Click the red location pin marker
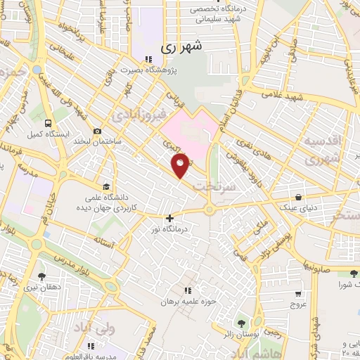click(x=181, y=165)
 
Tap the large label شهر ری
click(x=181, y=48)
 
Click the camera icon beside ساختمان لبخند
click(x=96, y=131)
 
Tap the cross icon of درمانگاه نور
click(x=169, y=219)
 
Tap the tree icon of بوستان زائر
click(x=242, y=323)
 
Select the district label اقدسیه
click(x=324, y=140)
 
